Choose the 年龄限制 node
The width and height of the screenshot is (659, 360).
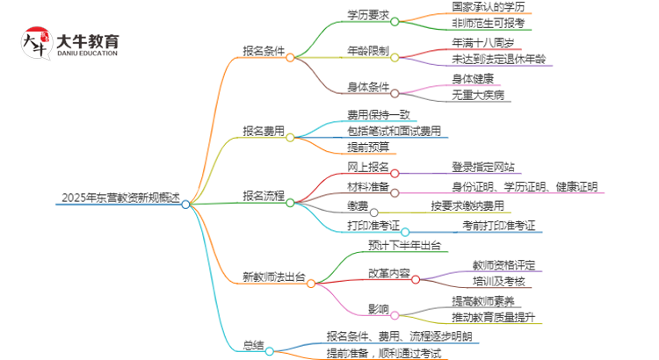(x=368, y=51)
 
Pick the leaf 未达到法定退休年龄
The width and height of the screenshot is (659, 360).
(x=497, y=60)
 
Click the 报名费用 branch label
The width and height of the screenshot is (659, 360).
(x=264, y=132)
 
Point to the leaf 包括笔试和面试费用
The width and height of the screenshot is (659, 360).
(x=394, y=131)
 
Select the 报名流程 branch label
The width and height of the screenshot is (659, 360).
(x=264, y=195)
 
